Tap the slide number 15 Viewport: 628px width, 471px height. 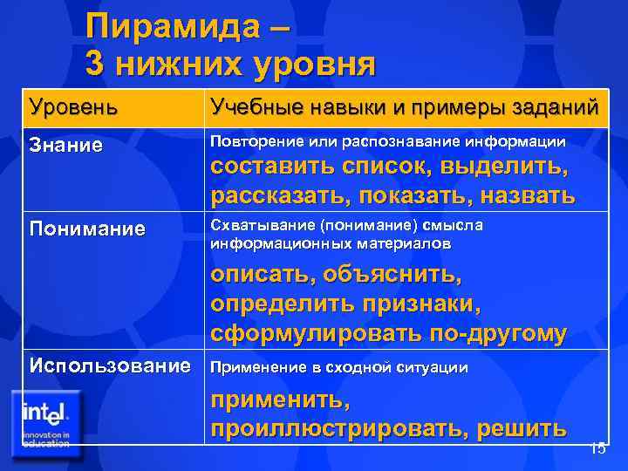(x=597, y=449)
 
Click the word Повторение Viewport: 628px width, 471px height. (x=253, y=141)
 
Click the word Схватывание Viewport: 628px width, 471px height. (x=256, y=226)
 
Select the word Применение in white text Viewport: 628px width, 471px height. (x=256, y=368)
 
